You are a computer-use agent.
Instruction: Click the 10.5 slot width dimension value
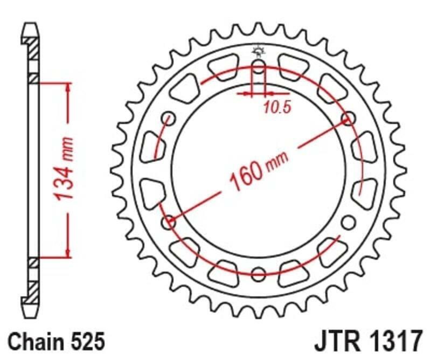(x=277, y=107)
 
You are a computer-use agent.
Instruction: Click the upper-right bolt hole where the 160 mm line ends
(x=347, y=118)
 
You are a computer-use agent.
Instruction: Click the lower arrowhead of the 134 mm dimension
(x=68, y=253)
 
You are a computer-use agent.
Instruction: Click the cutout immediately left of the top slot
(x=223, y=67)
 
